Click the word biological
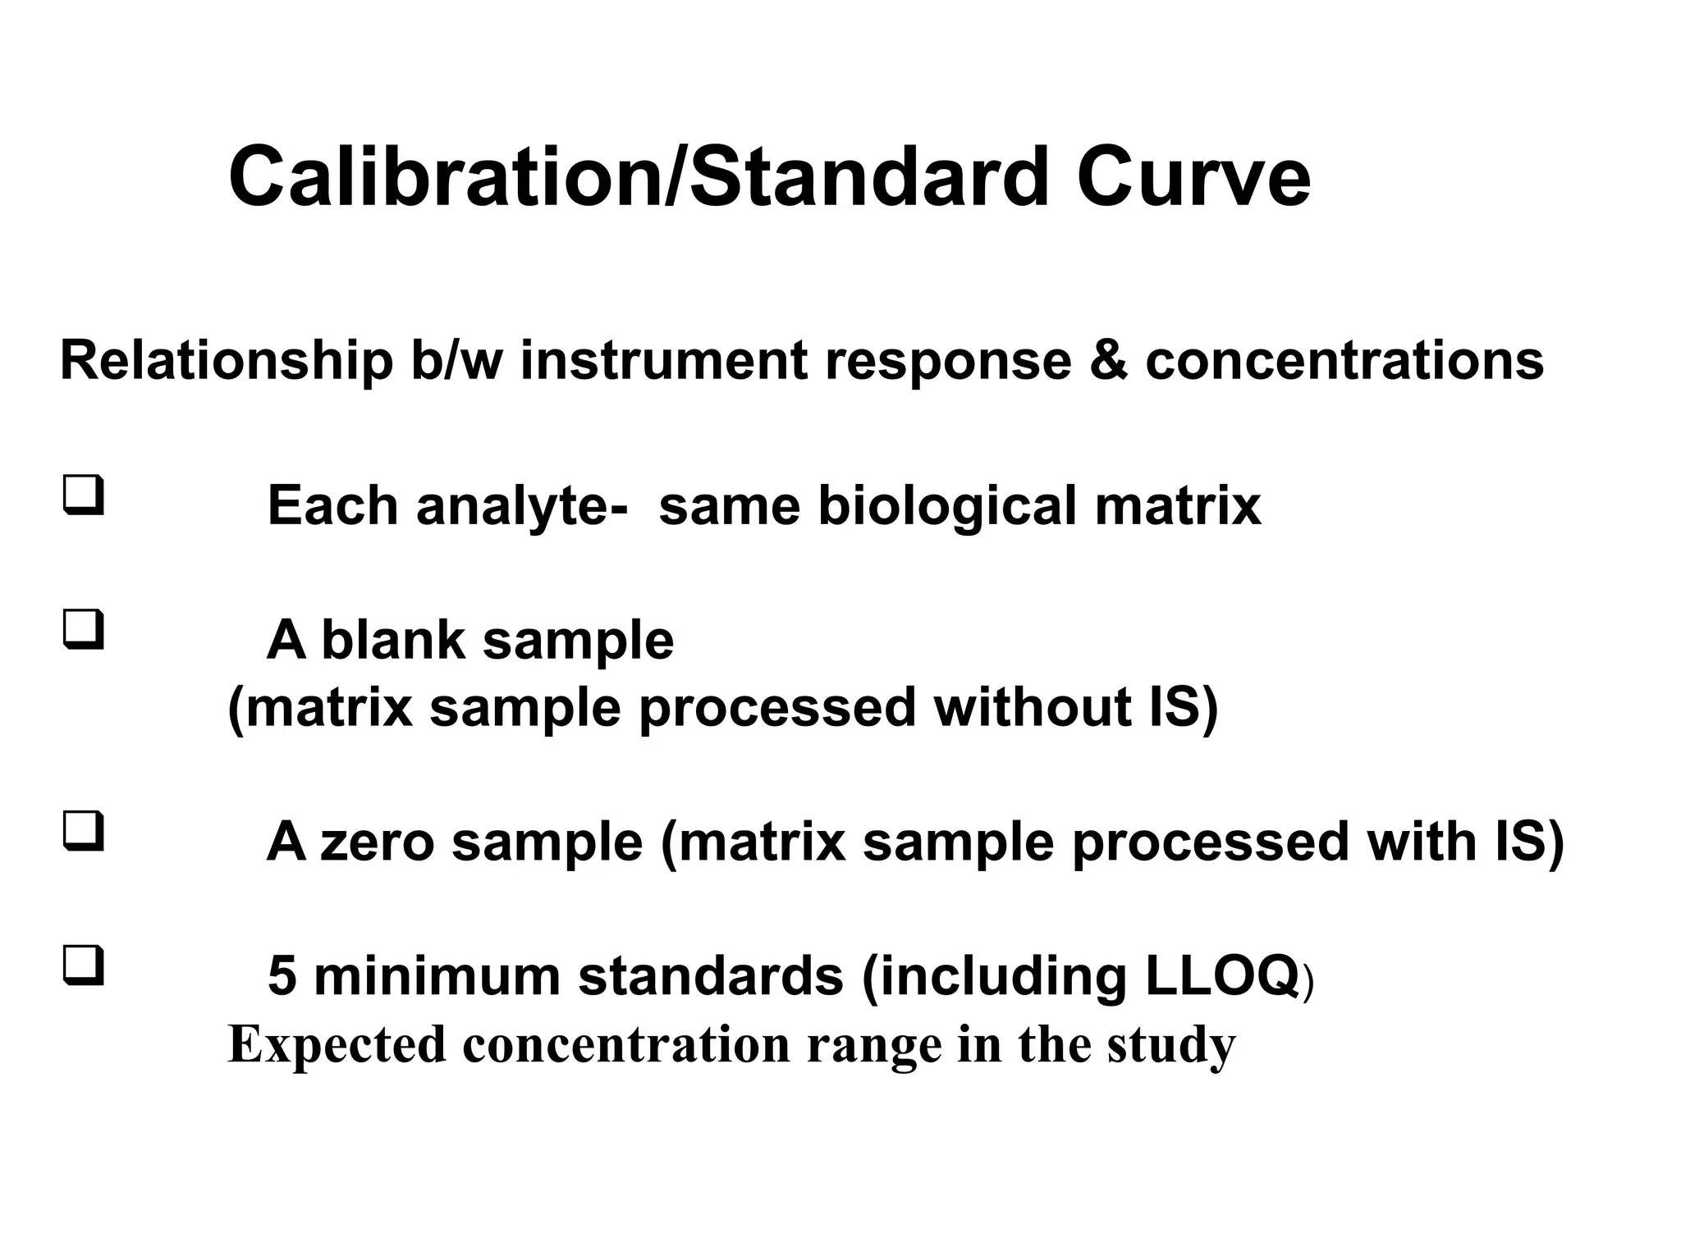tap(947, 506)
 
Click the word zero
tap(376, 842)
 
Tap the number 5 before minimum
tap(282, 976)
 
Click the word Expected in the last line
tap(337, 1045)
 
